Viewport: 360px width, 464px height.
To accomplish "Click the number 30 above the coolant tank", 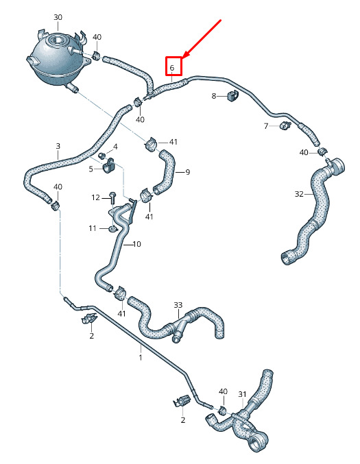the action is tap(58, 17).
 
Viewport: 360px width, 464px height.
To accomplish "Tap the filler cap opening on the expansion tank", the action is tap(56, 39).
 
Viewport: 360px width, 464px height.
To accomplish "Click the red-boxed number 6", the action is tap(172, 68).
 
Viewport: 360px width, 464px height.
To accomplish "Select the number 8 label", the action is tap(214, 96).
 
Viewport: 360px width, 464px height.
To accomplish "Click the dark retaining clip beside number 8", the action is tap(234, 95).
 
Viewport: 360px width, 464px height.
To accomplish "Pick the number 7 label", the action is tap(266, 126).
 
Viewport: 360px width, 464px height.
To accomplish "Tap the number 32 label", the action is tap(299, 194).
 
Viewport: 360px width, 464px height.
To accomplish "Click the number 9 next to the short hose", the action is tap(187, 172).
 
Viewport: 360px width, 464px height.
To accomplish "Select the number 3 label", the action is tap(58, 146).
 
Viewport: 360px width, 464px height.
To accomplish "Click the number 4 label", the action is tap(115, 147).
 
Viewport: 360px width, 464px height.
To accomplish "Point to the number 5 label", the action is tap(91, 169).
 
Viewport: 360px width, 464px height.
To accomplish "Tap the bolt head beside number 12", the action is tap(112, 195).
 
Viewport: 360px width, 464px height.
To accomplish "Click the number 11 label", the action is tap(93, 228).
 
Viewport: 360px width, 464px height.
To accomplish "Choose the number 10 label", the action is tap(136, 244).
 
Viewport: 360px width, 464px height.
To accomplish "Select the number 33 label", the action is tap(178, 305).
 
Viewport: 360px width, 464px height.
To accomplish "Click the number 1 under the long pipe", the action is tap(141, 357).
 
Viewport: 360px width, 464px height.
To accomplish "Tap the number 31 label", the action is tap(242, 394).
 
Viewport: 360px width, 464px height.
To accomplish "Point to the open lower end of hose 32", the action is tap(287, 258).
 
